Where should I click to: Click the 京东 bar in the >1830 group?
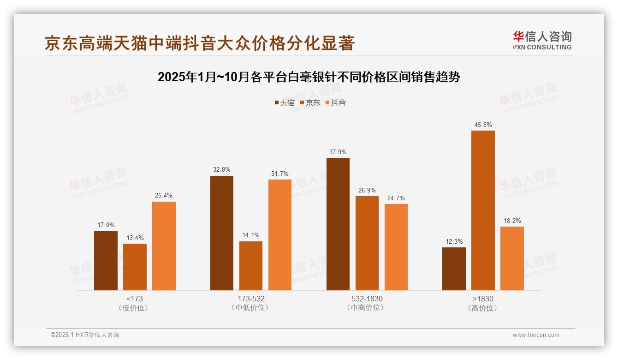click(x=483, y=210)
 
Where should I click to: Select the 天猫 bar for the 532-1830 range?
click(x=338, y=224)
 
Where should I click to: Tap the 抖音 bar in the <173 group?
click(x=164, y=246)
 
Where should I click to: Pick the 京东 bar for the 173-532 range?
click(x=251, y=266)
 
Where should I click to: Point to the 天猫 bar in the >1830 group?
click(x=454, y=269)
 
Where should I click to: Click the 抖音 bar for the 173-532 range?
click(x=280, y=235)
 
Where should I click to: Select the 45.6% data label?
click(x=483, y=125)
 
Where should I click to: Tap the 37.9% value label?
click(x=338, y=152)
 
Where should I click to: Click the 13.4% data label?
click(x=135, y=238)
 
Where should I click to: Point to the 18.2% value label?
click(x=512, y=221)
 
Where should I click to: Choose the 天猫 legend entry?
click(x=285, y=102)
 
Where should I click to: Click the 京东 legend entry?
click(x=310, y=102)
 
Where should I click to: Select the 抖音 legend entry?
click(x=336, y=102)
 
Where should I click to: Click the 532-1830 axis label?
click(x=367, y=299)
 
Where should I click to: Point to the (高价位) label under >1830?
click(x=482, y=308)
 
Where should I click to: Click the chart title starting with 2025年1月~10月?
click(x=309, y=77)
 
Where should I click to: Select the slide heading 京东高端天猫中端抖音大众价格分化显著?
click(x=200, y=43)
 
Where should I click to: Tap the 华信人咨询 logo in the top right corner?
click(x=542, y=40)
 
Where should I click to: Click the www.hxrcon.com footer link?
click(x=536, y=335)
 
